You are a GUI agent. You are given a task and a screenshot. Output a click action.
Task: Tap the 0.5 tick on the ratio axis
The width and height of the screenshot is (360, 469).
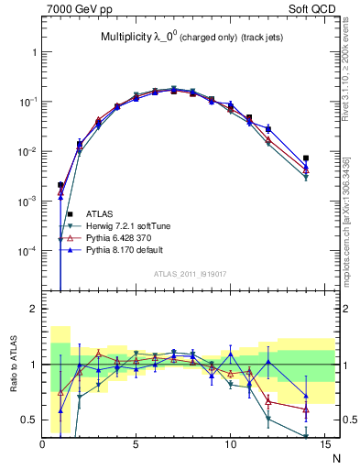click(x=29, y=420)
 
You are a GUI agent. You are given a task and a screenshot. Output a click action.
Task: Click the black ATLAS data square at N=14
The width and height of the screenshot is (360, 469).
click(x=306, y=158)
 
